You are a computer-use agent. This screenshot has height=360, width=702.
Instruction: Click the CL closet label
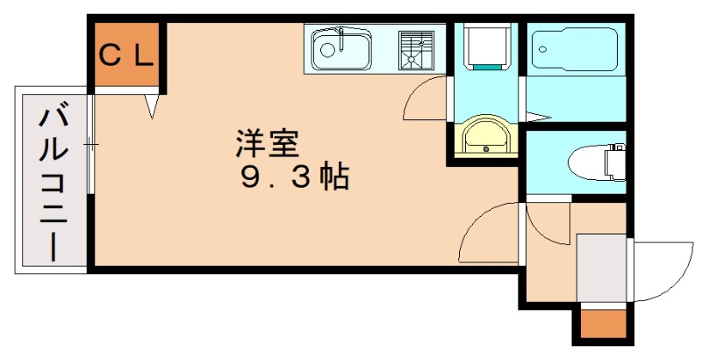point(126,56)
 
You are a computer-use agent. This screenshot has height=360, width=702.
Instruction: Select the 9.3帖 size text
point(295,177)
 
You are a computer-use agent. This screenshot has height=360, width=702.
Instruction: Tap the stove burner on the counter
point(416,49)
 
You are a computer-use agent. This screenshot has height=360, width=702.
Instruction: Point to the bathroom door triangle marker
point(537,117)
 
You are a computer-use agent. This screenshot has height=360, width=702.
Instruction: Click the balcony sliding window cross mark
point(90,143)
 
